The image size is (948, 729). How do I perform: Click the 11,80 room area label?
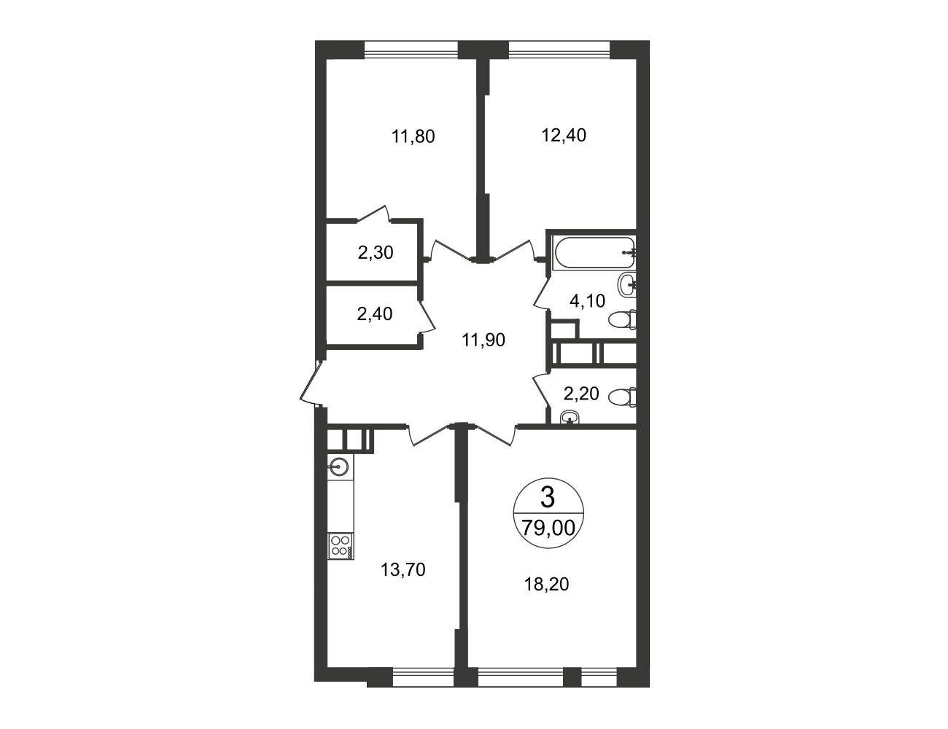coord(413,136)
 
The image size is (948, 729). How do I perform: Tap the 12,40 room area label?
coord(564,135)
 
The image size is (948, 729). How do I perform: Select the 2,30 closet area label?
coord(375,252)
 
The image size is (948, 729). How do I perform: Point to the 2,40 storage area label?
coord(375,314)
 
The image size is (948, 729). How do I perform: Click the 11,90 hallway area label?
coord(483,340)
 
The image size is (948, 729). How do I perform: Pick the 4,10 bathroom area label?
coord(587,301)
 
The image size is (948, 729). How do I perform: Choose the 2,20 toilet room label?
coord(581,394)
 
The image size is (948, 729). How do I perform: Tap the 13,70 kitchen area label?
coord(403,569)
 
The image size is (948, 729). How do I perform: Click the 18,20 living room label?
coord(546,584)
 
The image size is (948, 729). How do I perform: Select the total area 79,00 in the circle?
coord(548,529)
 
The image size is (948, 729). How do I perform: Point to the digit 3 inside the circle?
coord(548,497)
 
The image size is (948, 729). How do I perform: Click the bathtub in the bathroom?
coord(594,253)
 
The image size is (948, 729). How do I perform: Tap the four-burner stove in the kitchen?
coord(341,546)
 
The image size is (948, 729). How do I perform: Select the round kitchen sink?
coord(339,467)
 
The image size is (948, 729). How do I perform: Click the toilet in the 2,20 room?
coord(622,397)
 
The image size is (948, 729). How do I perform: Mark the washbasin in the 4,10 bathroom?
coord(627,285)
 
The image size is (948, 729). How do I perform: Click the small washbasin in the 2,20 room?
coord(569,418)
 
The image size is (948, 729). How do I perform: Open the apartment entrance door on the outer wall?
coord(312,383)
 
